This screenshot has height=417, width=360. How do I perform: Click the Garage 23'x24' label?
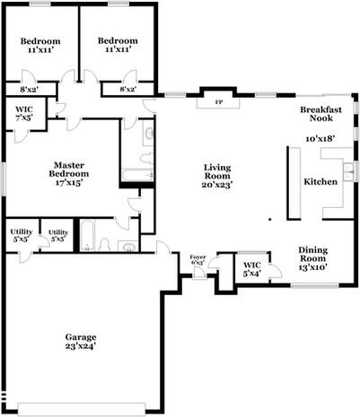(81, 341)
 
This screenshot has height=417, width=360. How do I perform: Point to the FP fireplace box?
(218, 101)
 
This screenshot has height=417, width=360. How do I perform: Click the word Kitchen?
(320, 181)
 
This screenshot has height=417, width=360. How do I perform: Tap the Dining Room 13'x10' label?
(319, 259)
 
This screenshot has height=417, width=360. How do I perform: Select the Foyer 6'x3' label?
(198, 261)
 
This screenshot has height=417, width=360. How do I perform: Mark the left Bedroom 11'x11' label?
(41, 46)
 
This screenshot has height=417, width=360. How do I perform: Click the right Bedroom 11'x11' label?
(118, 46)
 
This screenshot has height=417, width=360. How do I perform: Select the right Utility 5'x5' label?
(58, 236)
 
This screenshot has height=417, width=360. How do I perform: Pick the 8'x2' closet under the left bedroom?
(29, 89)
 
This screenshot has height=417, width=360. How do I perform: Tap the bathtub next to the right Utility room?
(86, 236)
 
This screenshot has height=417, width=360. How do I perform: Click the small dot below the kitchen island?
(268, 217)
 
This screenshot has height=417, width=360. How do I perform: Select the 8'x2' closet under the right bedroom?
(128, 89)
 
